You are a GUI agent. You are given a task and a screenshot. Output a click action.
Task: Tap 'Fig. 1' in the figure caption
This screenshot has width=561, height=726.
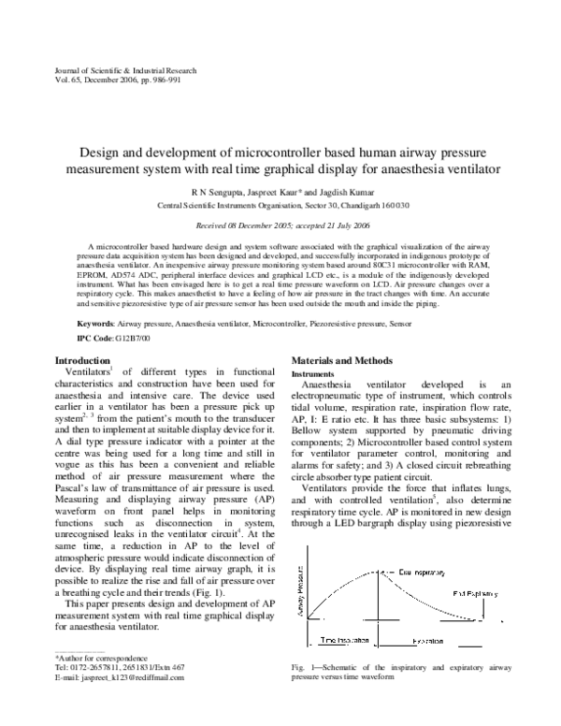(x=302, y=666)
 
